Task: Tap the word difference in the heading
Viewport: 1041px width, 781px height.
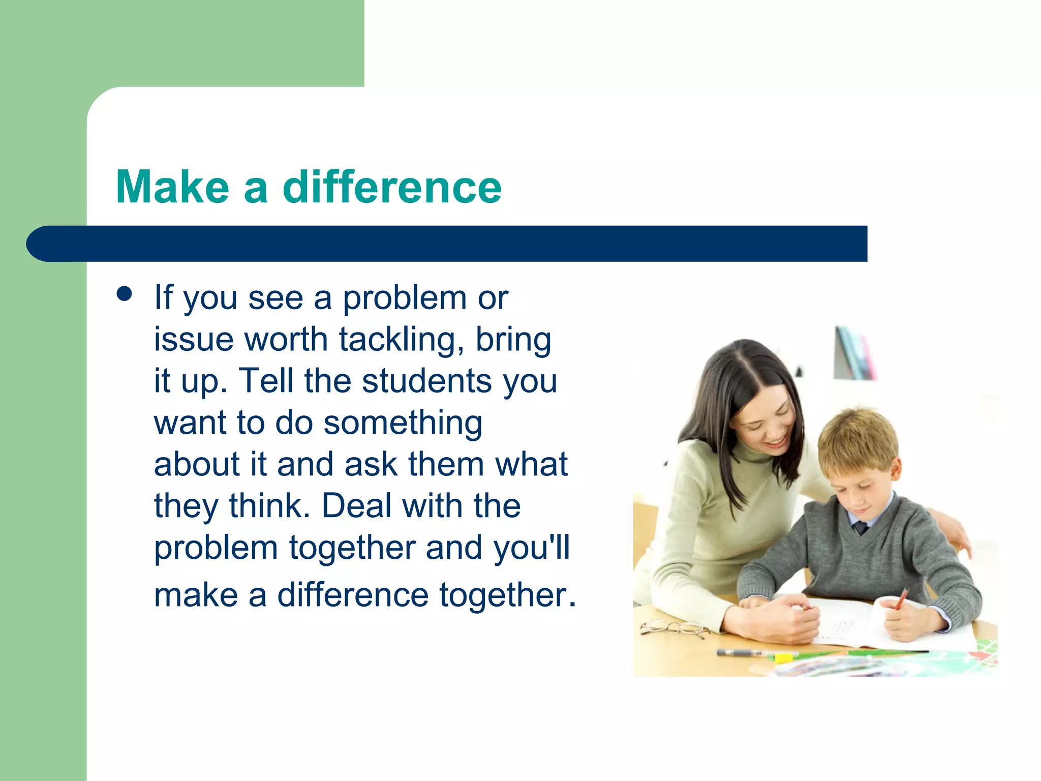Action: click(x=392, y=187)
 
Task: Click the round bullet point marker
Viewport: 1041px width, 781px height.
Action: click(x=125, y=294)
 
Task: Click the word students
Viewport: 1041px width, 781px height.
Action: click(x=427, y=381)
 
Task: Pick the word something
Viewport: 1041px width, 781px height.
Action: click(x=403, y=423)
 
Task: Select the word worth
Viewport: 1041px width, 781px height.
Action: click(x=286, y=340)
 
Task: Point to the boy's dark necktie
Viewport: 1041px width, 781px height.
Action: click(x=860, y=527)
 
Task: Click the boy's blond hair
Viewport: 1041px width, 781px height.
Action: click(x=859, y=432)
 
